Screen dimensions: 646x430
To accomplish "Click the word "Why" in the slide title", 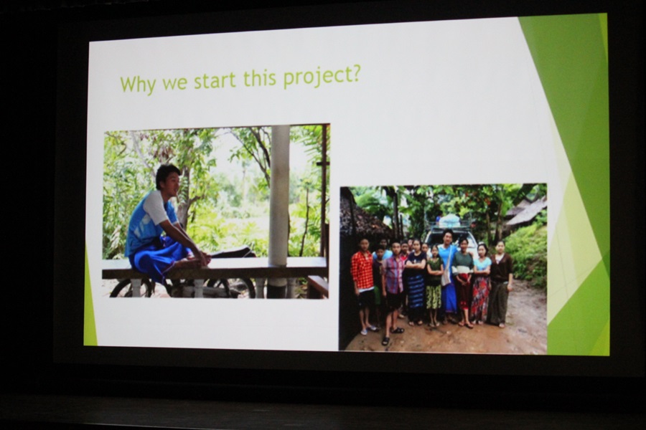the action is [x=138, y=84].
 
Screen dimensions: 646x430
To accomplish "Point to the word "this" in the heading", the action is [x=260, y=78].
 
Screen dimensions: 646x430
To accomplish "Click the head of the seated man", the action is [x=168, y=180].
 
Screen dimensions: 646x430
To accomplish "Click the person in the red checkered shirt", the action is [x=362, y=284].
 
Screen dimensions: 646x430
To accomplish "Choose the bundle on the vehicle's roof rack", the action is [x=451, y=221].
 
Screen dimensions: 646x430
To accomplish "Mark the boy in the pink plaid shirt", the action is [x=393, y=287].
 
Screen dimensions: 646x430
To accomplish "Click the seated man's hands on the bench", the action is [x=201, y=259].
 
